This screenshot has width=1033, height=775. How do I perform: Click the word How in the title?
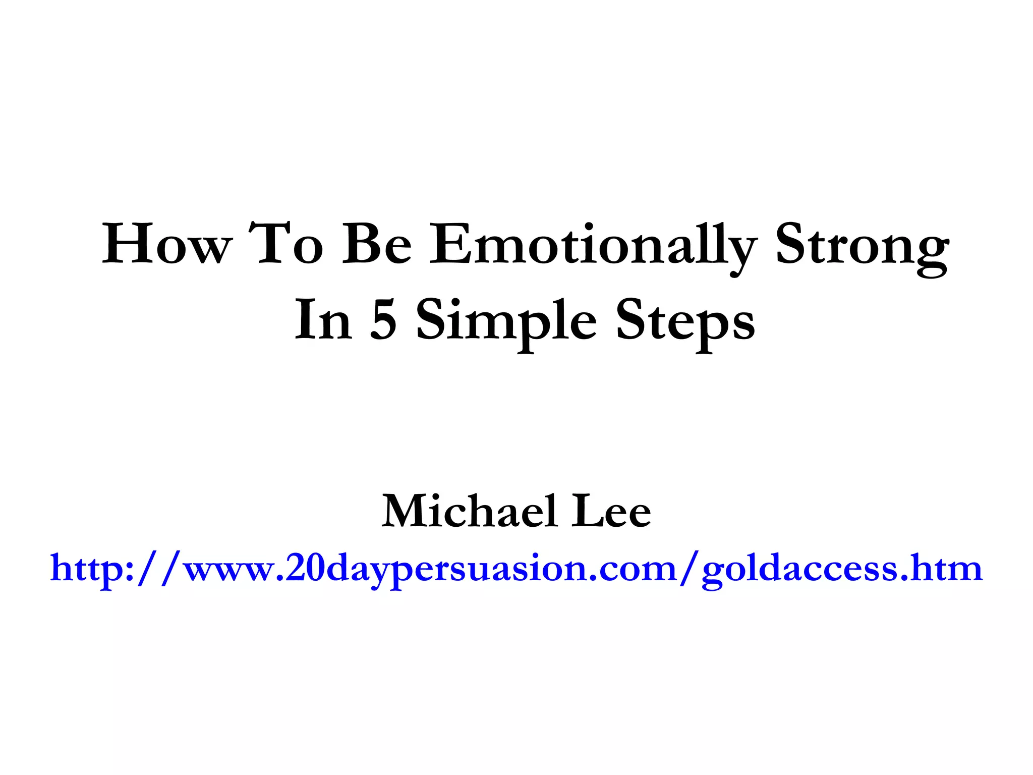point(166,245)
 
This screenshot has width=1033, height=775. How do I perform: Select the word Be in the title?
point(377,245)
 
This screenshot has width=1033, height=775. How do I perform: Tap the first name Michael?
point(469,512)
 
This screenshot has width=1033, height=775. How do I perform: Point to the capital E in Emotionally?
point(449,245)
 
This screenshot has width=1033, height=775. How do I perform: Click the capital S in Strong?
point(791,245)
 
